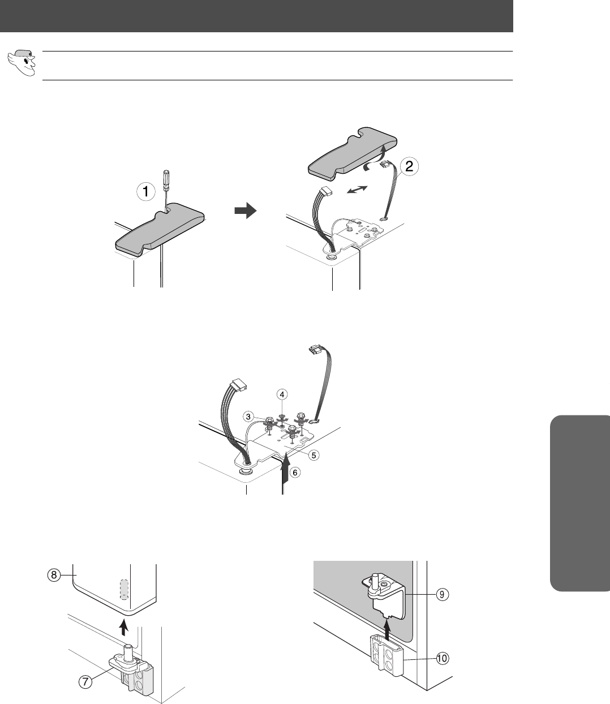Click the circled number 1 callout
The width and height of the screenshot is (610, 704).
[146, 192]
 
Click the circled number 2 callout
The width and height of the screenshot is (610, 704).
[409, 166]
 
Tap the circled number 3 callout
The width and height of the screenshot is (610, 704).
[248, 417]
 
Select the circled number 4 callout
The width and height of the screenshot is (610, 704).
[282, 394]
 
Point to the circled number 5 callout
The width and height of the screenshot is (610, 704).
[313, 455]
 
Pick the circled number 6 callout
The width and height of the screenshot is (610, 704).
[295, 473]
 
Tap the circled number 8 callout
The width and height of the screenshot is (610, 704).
[54, 576]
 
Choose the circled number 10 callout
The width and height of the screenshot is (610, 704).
[442, 658]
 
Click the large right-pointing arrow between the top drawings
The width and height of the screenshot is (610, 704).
[245, 211]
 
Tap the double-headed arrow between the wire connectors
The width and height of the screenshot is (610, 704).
[357, 190]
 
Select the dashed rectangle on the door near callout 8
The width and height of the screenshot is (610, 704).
[124, 590]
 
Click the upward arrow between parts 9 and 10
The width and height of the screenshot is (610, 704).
[387, 629]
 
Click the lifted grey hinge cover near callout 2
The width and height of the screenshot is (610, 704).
[353, 153]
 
